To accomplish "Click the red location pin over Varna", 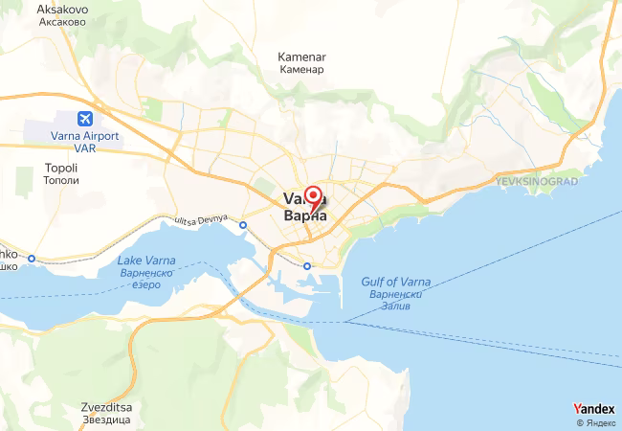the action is click(x=312, y=195).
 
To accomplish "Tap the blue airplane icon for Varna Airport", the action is click(x=84, y=119).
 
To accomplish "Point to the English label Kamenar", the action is click(x=301, y=57).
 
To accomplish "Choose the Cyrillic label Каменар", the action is click(x=302, y=70).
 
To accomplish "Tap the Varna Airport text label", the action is click(x=84, y=136).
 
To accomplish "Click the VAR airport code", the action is click(x=84, y=148).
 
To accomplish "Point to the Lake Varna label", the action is click(x=145, y=261).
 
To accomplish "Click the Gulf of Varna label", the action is click(x=395, y=281).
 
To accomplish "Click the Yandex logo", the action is click(x=593, y=407).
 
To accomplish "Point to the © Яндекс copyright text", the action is click(x=595, y=422).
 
